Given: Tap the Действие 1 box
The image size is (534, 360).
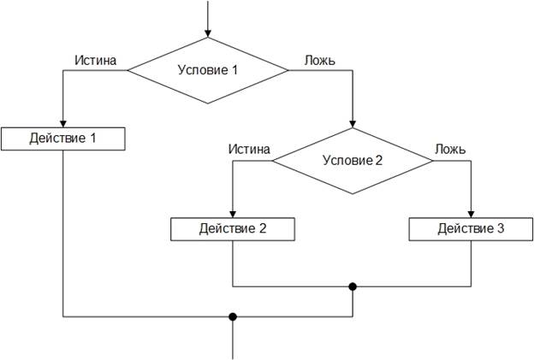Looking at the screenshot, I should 62,139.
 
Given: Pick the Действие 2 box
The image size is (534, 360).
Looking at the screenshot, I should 233,229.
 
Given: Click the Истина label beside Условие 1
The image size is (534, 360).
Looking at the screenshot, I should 96,61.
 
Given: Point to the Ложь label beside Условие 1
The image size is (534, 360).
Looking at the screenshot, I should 319,61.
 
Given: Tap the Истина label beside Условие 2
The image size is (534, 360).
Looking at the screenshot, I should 249,149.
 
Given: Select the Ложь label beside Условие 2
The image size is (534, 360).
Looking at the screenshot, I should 450,149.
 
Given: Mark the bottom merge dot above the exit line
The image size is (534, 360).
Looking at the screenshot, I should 233,317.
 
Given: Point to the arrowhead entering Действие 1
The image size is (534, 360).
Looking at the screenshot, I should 62,123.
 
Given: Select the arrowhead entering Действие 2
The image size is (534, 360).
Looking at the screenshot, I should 233,214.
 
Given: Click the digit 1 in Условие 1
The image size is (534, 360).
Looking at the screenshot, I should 234,70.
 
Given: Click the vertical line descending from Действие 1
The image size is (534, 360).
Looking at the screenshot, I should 62,231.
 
